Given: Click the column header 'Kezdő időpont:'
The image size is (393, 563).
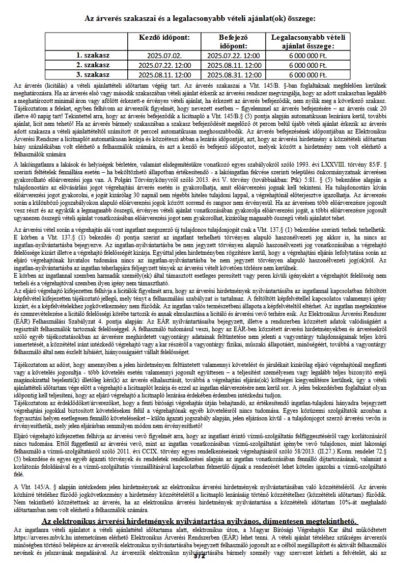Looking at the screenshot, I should click(164, 38).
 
